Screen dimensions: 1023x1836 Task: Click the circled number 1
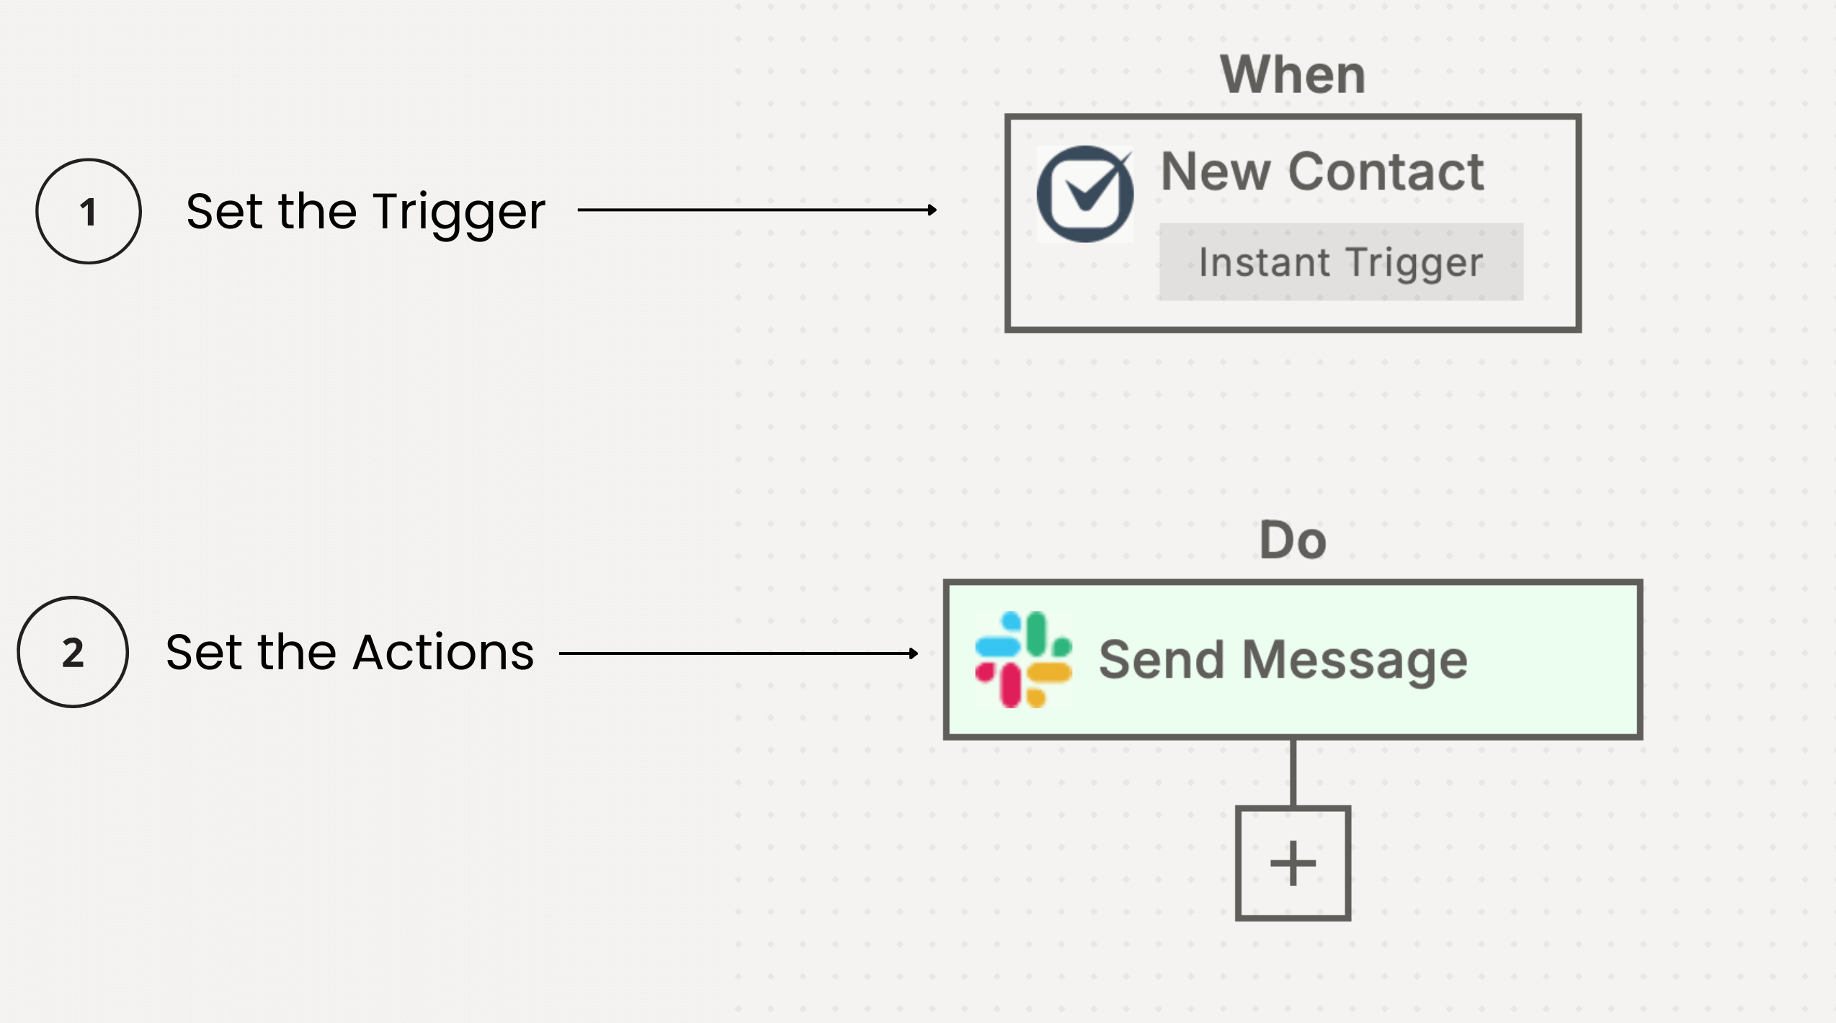89,212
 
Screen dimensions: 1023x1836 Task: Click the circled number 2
73,652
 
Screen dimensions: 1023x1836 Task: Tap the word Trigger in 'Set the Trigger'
459,212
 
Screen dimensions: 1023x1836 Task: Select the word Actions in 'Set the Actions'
443,652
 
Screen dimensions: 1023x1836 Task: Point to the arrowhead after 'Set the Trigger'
932,210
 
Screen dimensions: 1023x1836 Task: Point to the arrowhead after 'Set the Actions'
914,653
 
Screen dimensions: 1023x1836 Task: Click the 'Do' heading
1293,540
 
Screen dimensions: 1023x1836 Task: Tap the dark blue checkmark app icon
1084,194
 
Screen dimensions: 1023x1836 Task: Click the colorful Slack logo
1023,659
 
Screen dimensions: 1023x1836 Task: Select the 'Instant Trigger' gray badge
1341,262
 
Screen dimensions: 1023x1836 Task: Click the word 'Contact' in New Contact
1386,172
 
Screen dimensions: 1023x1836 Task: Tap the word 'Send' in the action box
1161,660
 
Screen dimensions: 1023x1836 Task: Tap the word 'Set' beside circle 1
224,212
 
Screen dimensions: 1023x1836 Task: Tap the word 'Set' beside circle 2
204,652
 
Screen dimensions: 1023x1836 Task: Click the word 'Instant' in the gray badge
1264,262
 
